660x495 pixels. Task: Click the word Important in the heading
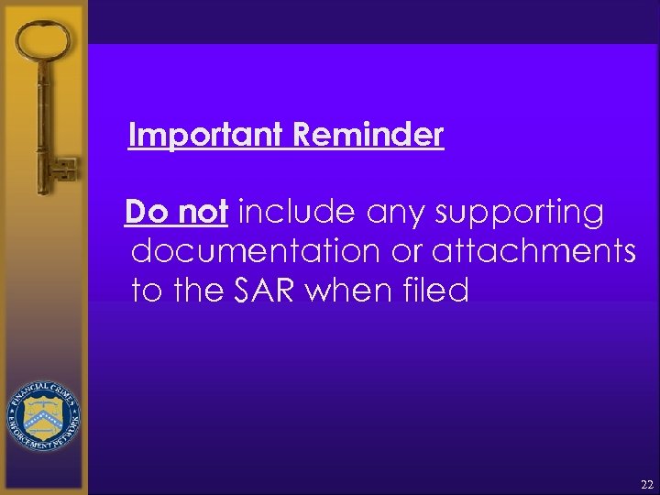207,136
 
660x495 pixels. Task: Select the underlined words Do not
176,213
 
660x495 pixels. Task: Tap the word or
415,252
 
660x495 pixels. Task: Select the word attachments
535,252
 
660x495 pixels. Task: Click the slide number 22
646,484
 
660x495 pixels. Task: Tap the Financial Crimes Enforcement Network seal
43,417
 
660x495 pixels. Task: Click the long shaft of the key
41,119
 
